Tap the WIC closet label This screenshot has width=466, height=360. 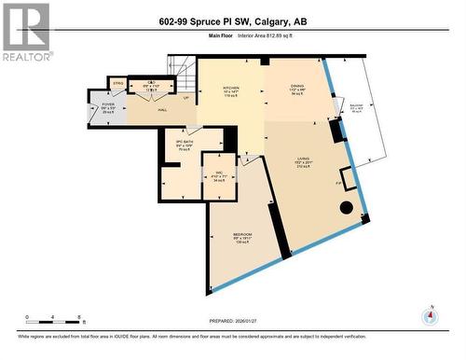coord(219,177)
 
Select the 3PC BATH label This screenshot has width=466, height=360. coord(184,145)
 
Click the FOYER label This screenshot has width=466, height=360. coord(107,108)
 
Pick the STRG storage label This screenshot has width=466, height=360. coord(118,84)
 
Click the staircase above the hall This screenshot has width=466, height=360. coord(183,67)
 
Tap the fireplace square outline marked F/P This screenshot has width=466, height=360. coord(349,178)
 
